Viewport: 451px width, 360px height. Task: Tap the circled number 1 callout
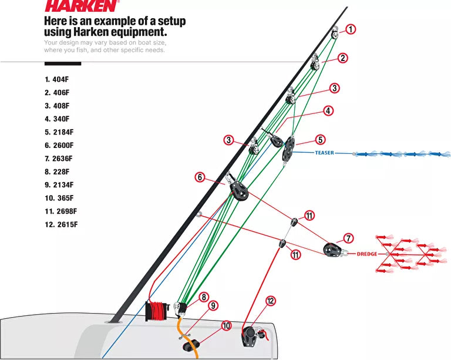point(351,29)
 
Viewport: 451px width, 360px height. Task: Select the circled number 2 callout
point(343,58)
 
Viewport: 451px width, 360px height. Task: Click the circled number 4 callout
point(328,110)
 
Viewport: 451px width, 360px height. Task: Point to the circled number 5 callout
point(320,140)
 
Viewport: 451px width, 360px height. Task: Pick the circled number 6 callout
point(200,176)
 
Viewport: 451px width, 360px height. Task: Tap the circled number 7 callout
point(348,238)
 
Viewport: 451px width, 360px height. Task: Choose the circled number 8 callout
point(204,297)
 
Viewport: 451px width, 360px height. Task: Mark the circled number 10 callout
point(227,325)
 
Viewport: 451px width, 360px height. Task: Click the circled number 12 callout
point(270,301)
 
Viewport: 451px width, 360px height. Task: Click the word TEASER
point(324,153)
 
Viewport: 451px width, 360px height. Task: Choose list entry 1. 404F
point(57,79)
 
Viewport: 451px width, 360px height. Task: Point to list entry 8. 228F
point(57,171)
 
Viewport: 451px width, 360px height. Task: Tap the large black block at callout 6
point(237,189)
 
